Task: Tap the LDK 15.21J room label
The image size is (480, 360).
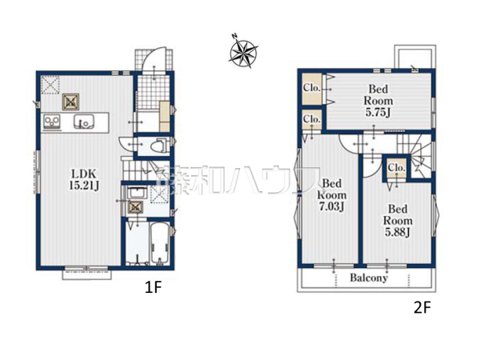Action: coord(84,180)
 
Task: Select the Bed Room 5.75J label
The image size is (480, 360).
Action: coord(378,101)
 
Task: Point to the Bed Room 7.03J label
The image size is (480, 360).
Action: coord(332,195)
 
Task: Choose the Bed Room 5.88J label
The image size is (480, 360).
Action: coord(398,221)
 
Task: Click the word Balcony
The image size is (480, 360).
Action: coord(369,278)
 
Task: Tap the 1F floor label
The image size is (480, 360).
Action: coord(153,287)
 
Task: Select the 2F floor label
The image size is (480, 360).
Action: coord(422,308)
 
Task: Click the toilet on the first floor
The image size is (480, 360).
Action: coord(159,146)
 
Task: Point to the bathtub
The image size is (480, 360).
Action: coord(159,243)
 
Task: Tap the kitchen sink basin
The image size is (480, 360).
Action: coord(84,122)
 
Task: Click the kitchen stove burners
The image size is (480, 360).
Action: coord(52,122)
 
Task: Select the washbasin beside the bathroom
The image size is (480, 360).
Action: coord(137,193)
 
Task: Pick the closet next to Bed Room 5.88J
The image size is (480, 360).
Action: coord(397,168)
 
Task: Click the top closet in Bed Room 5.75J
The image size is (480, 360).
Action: coord(312,89)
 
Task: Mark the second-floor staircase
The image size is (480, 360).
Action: coord(414,155)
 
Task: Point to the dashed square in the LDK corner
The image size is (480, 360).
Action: coord(50,85)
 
